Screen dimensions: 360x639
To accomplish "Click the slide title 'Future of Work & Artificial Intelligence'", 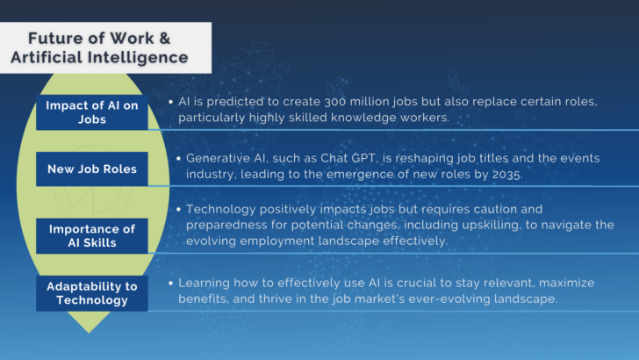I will click(x=107, y=48).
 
